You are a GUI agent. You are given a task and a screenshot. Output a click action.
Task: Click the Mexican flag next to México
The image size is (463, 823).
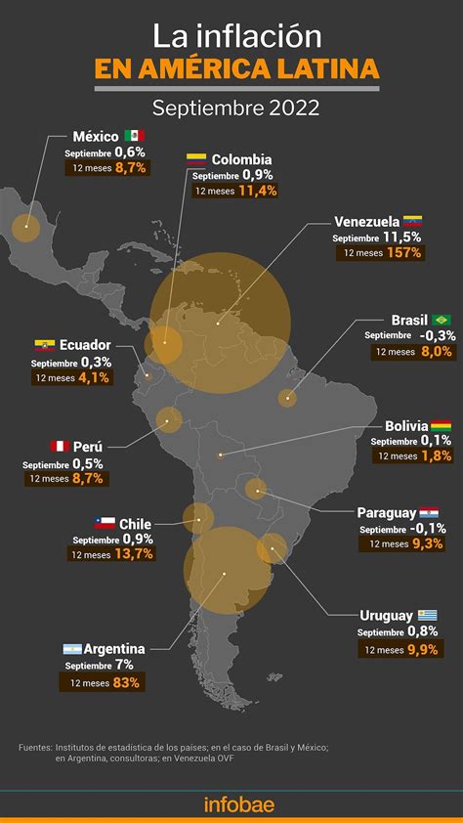point(135,136)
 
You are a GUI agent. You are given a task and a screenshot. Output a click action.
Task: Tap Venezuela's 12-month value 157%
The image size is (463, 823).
point(402,252)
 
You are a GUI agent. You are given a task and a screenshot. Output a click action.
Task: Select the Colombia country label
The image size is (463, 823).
point(241,159)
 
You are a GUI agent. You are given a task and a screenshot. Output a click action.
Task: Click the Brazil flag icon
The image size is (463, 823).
point(441,320)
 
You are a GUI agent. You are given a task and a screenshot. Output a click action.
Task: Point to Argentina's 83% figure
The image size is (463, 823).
point(126,682)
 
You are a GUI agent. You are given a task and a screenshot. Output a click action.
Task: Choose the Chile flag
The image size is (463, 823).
point(105,523)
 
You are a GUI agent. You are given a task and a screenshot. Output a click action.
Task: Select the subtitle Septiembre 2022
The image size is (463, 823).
point(231,108)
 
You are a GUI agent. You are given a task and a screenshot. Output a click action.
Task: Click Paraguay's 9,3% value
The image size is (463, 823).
point(428,543)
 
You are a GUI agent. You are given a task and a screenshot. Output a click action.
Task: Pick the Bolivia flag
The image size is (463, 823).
point(442,426)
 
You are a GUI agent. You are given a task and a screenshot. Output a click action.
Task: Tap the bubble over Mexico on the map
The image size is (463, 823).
point(26,229)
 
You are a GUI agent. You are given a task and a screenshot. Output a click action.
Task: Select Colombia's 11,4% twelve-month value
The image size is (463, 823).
point(258,191)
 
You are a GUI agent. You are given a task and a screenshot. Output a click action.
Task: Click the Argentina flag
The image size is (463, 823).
point(71,649)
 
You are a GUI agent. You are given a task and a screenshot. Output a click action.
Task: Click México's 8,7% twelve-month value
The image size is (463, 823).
point(130,168)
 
